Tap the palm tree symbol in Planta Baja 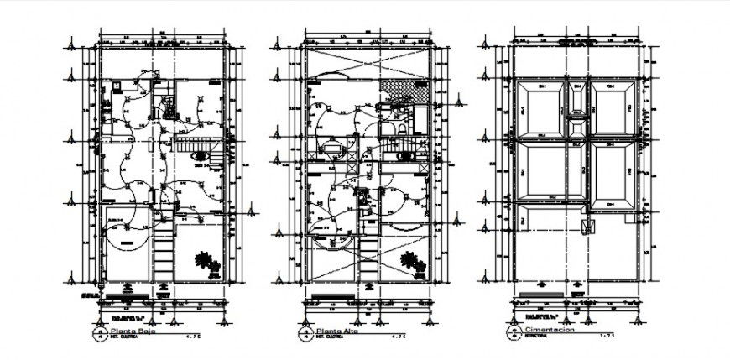coord(206,264)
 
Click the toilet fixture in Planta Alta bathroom coord(400,128)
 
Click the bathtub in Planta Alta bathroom coord(405,151)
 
